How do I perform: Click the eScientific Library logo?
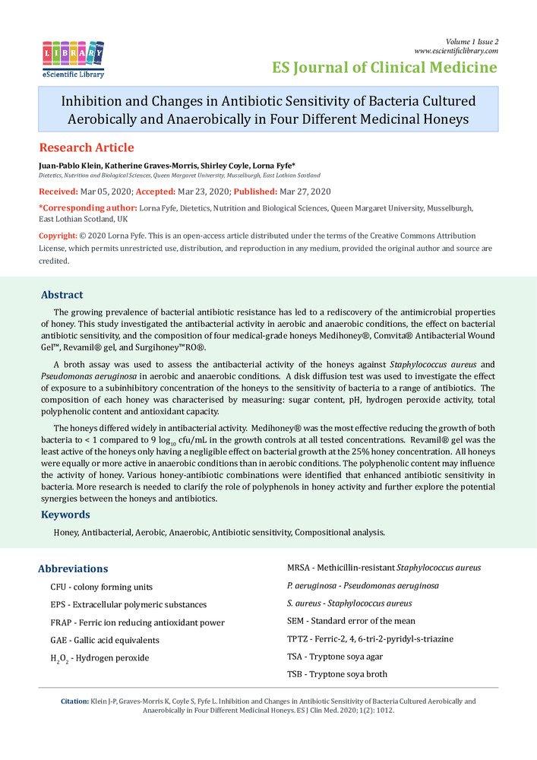pos(73,59)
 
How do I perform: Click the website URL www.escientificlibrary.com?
pos(456,51)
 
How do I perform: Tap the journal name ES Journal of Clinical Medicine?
pos(385,68)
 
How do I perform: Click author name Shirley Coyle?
pos(208,165)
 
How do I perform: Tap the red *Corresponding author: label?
pos(87,207)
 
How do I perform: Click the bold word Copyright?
pos(58,236)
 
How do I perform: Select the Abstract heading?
pos(62,295)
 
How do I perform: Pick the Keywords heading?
pos(66,515)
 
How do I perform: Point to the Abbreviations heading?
pos(73,568)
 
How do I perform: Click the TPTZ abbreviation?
pos(299,638)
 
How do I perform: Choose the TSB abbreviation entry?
pos(297,673)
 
